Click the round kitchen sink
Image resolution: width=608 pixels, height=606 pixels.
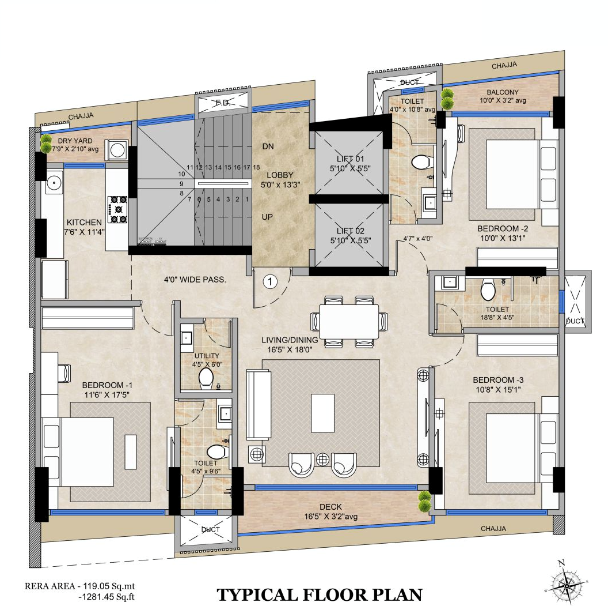tap(54, 183)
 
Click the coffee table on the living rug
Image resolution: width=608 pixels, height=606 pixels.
tap(322, 412)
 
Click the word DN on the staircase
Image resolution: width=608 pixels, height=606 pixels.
tap(268, 146)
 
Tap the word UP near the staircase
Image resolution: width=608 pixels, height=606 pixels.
tap(268, 217)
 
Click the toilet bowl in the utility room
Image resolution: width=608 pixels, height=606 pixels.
tap(206, 378)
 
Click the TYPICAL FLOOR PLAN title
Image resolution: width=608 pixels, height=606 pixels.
tap(320, 594)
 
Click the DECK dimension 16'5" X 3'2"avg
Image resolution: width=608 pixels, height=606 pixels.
tap(330, 517)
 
